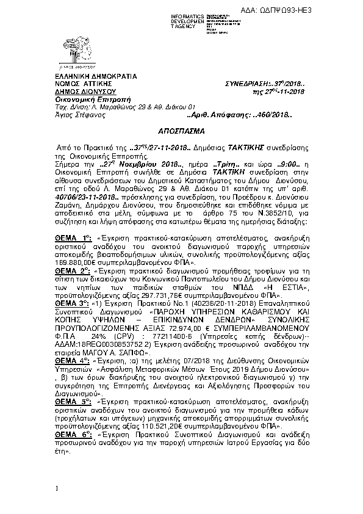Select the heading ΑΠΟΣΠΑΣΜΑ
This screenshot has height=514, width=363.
(181, 131)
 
